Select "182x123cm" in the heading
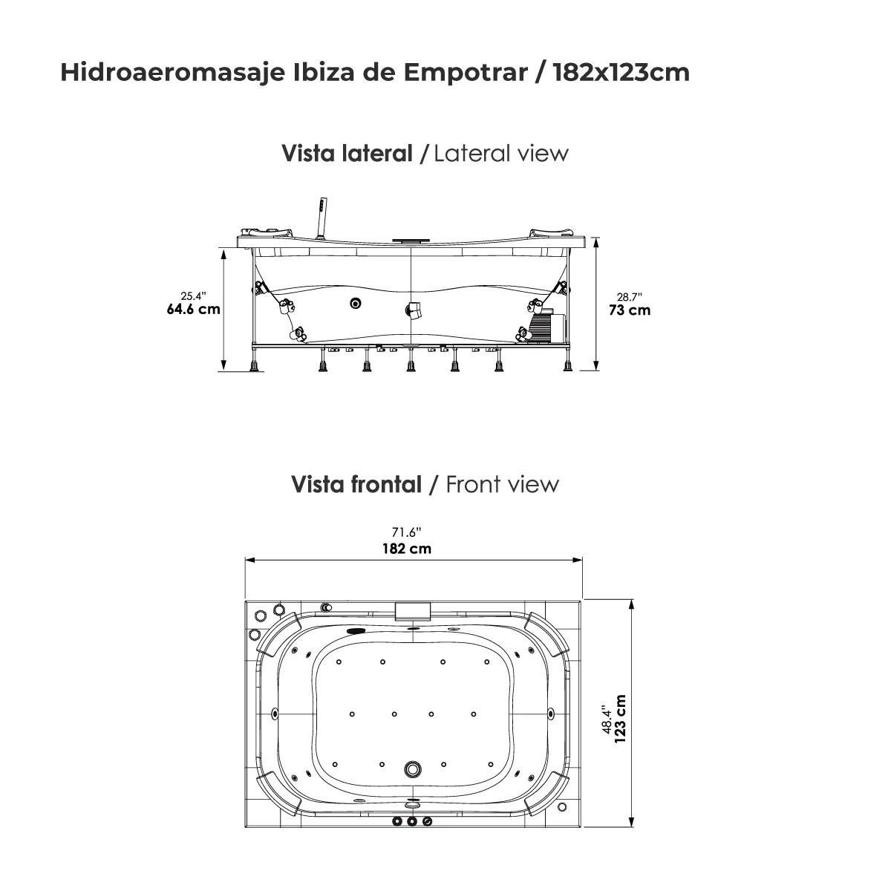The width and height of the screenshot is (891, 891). tap(621, 72)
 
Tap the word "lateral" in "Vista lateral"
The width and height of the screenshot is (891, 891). tap(377, 154)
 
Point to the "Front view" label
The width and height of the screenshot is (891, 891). tap(502, 484)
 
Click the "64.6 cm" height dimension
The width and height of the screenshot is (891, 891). tap(193, 309)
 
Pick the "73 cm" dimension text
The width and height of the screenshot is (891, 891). tap(630, 310)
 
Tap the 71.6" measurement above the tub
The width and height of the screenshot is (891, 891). tap(407, 532)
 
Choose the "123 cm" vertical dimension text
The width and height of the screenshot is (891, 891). tap(621, 718)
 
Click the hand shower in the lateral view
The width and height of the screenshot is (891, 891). tap(322, 215)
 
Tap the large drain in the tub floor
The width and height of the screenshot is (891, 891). tap(411, 769)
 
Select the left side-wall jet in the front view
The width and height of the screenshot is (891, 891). tap(276, 714)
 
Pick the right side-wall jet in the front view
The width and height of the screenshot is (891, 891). tap(550, 714)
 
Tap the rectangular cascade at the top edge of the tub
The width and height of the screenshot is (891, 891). tap(414, 610)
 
